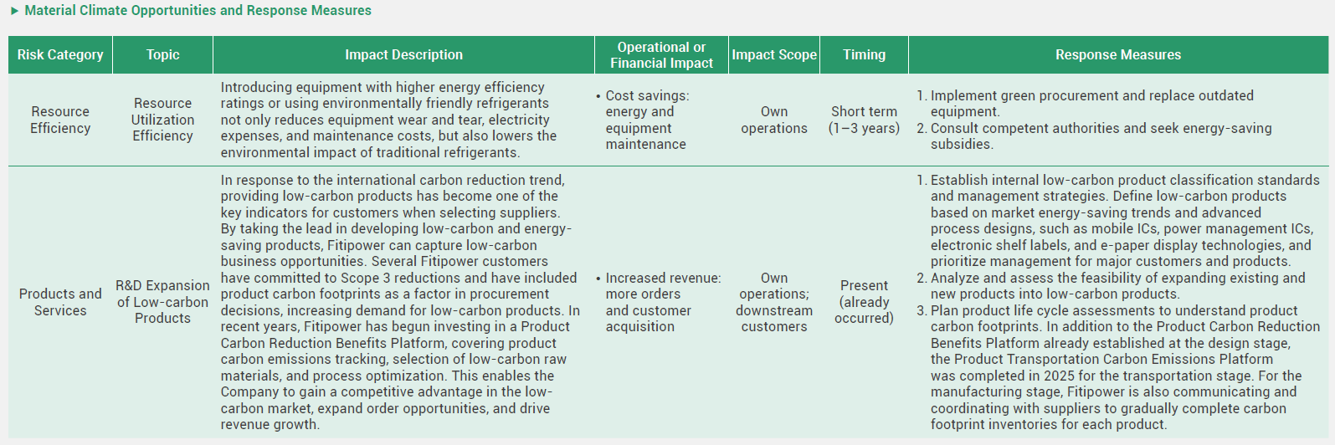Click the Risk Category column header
pyautogui.click(x=60, y=55)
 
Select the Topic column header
pyautogui.click(x=162, y=55)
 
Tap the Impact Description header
pyautogui.click(x=403, y=55)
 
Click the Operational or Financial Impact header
pyautogui.click(x=661, y=55)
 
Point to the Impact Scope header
pyautogui.click(x=774, y=55)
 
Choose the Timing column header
pyautogui.click(x=864, y=55)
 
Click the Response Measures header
pyautogui.click(x=1118, y=55)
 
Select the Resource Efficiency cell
pyautogui.click(x=60, y=120)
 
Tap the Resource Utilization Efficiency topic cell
pyautogui.click(x=162, y=120)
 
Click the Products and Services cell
pyautogui.click(x=60, y=302)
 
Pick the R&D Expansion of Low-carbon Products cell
pyautogui.click(x=162, y=302)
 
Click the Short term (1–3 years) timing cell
pyautogui.click(x=864, y=120)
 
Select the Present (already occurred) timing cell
pyautogui.click(x=864, y=302)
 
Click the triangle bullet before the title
pyautogui.click(x=15, y=11)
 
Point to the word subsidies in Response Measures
pyautogui.click(x=962, y=144)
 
